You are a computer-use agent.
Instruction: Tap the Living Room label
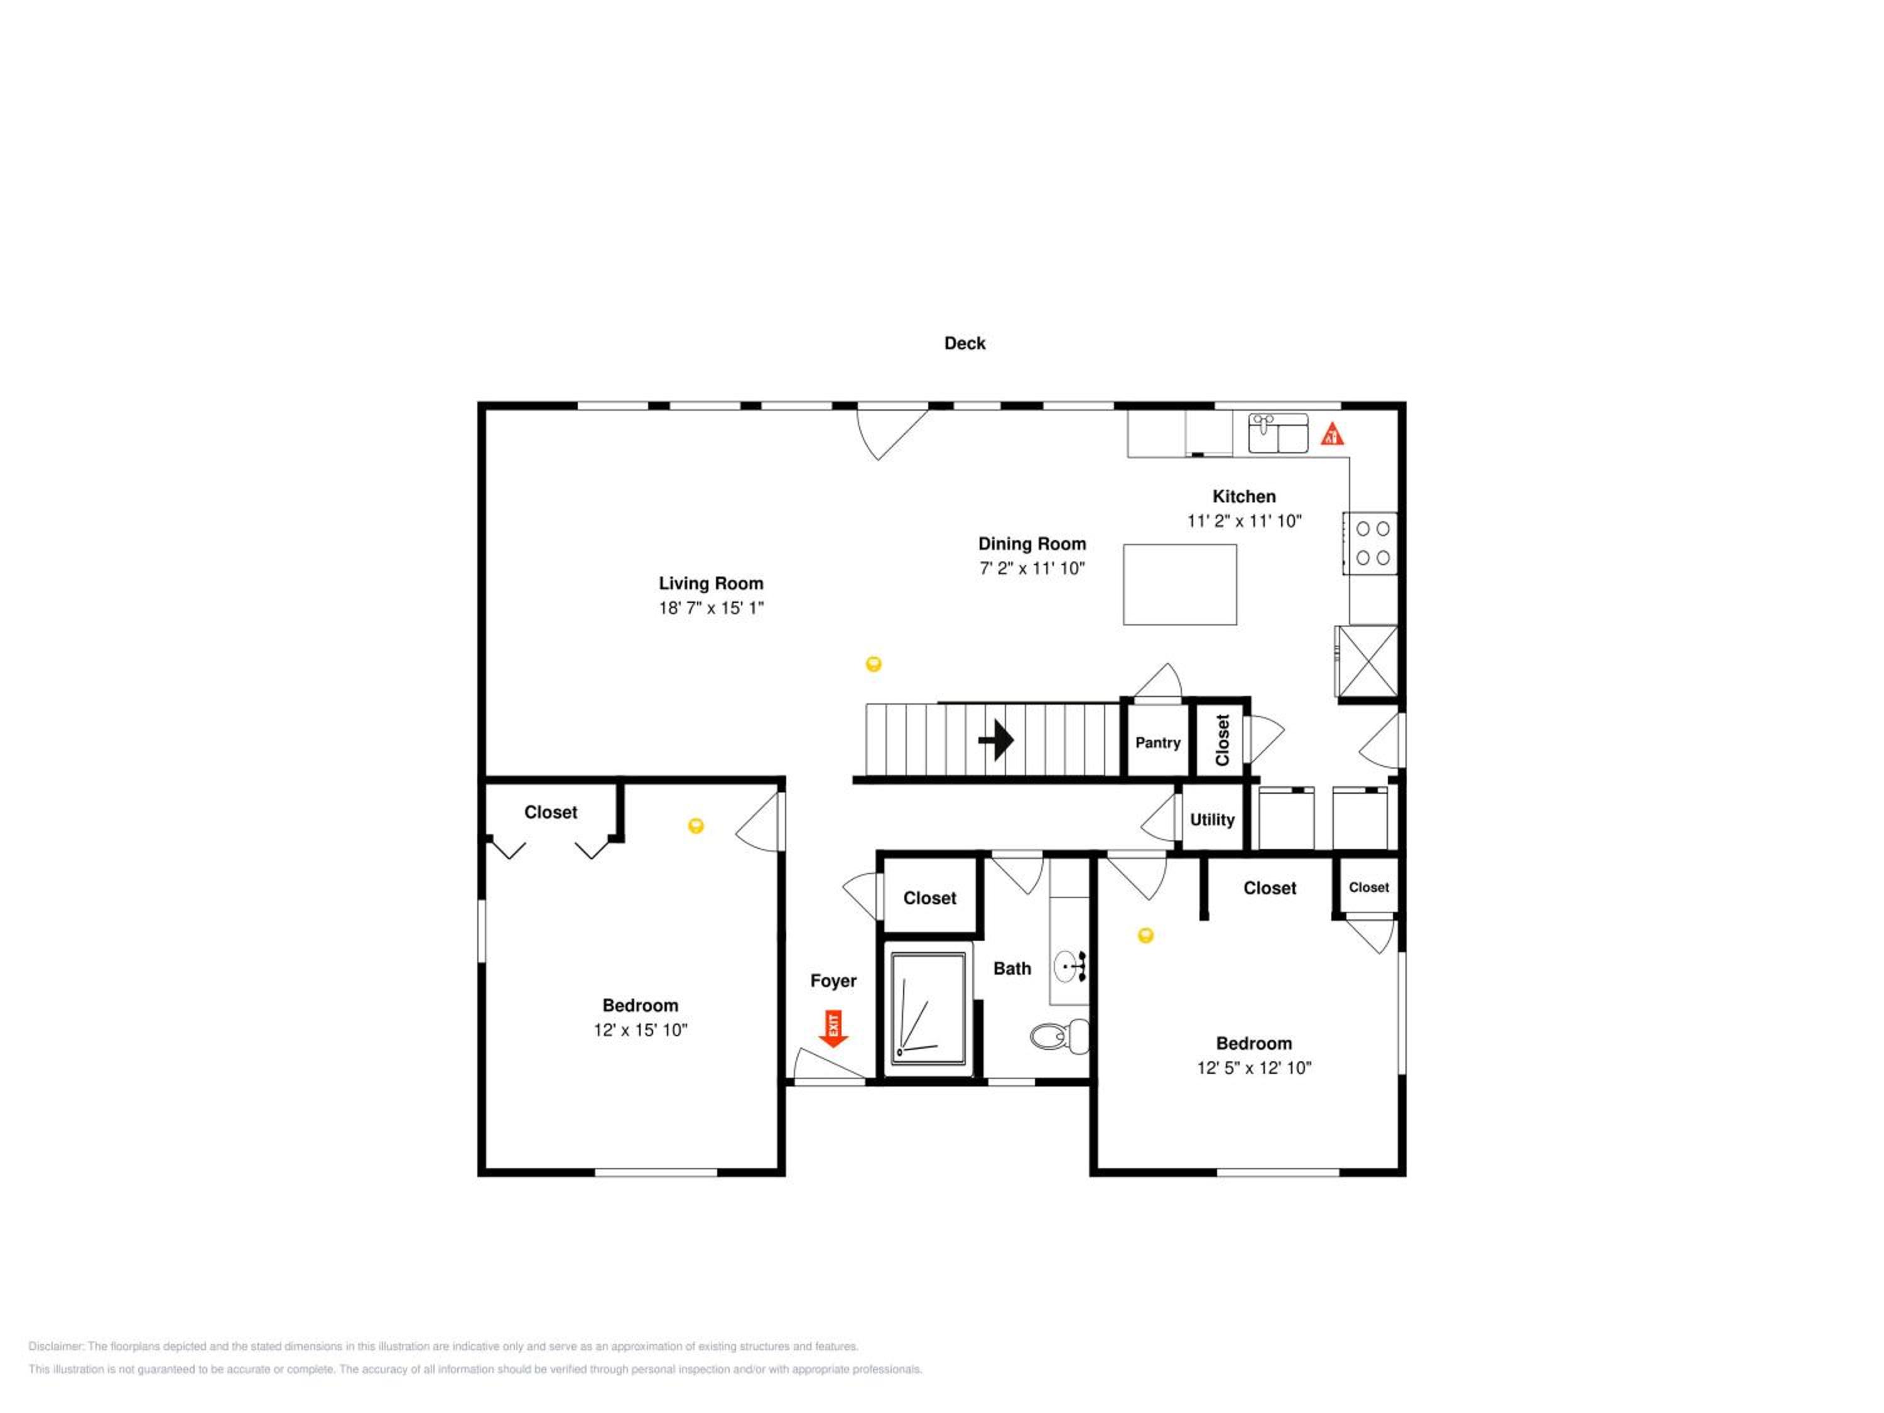711,583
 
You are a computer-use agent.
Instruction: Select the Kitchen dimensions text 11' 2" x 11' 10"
1244,521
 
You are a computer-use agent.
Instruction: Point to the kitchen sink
1277,433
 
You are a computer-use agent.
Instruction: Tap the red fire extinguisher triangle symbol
1332,435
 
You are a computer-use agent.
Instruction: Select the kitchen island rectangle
1179,584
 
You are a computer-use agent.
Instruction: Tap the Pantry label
1157,743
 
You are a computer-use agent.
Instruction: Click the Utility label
1212,820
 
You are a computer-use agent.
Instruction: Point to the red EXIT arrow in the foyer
833,1028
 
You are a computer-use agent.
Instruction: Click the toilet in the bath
1059,1036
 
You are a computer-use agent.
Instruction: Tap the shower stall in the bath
928,1009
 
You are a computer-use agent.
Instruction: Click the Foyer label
833,981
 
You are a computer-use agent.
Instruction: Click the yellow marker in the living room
873,664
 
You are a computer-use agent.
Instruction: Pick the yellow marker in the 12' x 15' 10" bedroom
696,825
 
